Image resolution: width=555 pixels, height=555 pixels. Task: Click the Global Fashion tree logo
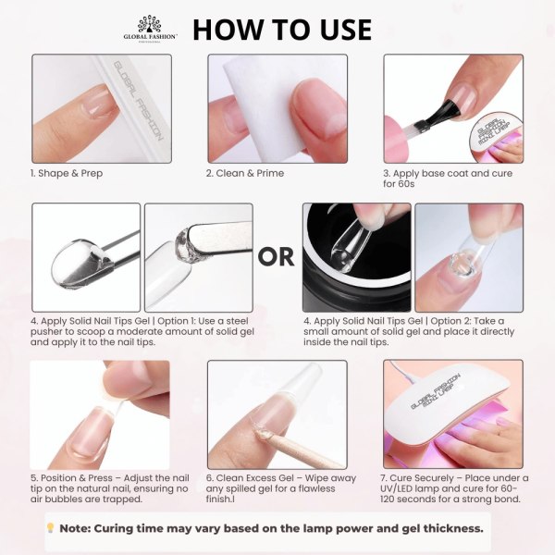click(x=149, y=24)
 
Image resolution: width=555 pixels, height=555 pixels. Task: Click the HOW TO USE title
click(x=281, y=29)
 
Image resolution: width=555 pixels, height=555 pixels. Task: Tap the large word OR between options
click(x=276, y=256)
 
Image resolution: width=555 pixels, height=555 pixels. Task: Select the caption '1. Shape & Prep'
click(x=67, y=173)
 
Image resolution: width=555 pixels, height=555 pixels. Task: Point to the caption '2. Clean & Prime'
click(x=245, y=173)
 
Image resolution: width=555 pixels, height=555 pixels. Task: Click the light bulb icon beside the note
click(x=51, y=528)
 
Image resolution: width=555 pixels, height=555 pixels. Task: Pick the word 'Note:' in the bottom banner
click(x=81, y=528)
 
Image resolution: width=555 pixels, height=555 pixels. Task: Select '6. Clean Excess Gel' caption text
click(x=258, y=478)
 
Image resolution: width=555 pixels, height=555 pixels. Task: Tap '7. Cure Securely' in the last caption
click(x=428, y=478)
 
